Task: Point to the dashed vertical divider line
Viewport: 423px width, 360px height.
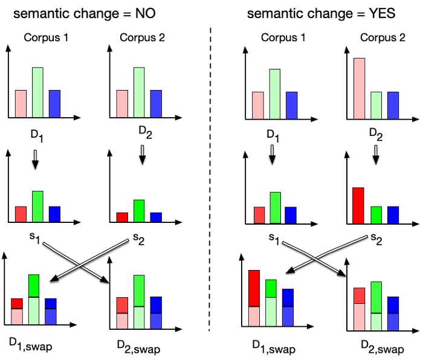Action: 210,181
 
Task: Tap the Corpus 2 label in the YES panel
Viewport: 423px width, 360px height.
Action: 379,37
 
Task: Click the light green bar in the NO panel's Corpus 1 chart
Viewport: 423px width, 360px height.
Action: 37,91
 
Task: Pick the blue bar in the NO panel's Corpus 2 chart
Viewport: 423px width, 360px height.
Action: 155,103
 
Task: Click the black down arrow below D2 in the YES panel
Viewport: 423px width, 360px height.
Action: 375,158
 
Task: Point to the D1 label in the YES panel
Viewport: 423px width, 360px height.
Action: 274,134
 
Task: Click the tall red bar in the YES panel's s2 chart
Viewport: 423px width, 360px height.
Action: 358,205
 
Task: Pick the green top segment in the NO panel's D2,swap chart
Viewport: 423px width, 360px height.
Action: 139,291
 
